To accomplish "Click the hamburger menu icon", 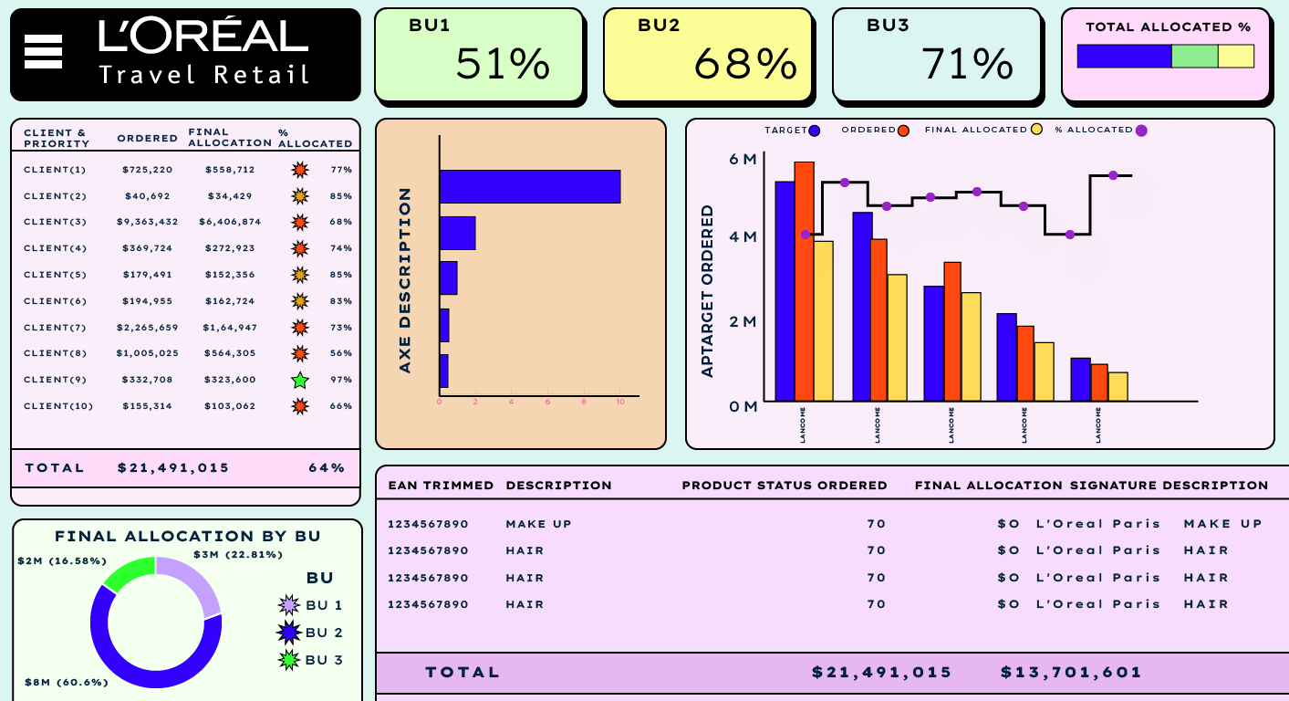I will pyautogui.click(x=43, y=52).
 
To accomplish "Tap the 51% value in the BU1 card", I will pyautogui.click(x=503, y=64).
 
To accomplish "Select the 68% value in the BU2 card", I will pyautogui.click(x=745, y=64).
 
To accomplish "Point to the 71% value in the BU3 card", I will pyautogui.click(x=967, y=64).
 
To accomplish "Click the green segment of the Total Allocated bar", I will pyautogui.click(x=1194, y=57).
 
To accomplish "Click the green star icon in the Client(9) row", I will pyautogui.click(x=299, y=381).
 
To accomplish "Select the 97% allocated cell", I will pyautogui.click(x=341, y=380).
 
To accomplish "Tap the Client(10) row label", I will pyautogui.click(x=57, y=406).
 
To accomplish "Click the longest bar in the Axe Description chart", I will pyautogui.click(x=529, y=186).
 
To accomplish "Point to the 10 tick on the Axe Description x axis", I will pyautogui.click(x=620, y=403).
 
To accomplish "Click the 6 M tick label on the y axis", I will pyautogui.click(x=743, y=160).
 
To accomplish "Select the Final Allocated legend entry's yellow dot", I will pyautogui.click(x=1037, y=131).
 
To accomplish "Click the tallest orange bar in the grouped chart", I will pyautogui.click(x=804, y=281).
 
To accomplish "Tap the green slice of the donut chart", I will pyautogui.click(x=128, y=572).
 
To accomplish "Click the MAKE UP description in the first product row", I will pyautogui.click(x=538, y=524).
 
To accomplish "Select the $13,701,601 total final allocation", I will pyautogui.click(x=1071, y=673).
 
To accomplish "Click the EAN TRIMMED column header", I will pyautogui.click(x=441, y=486).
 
